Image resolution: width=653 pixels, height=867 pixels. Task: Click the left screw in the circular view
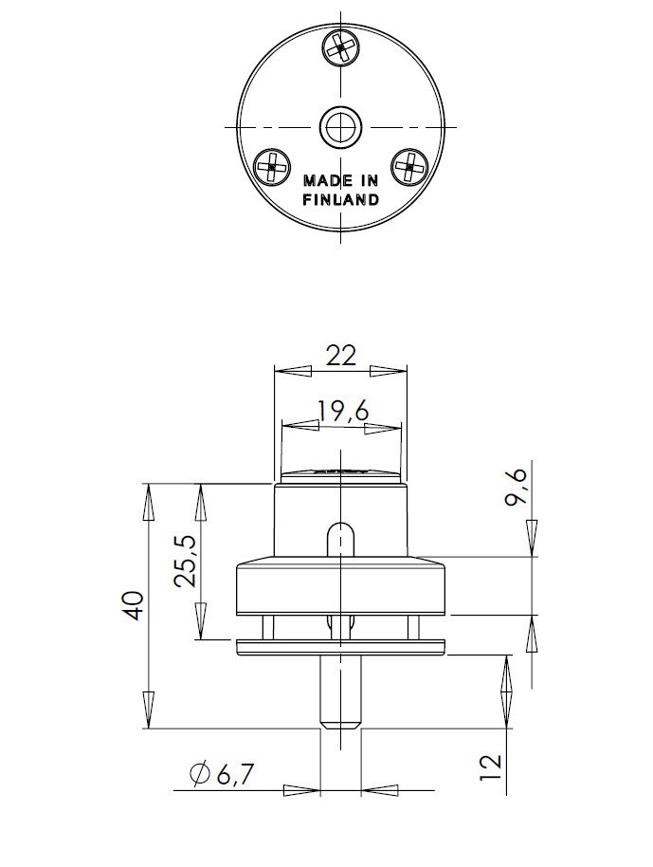click(x=272, y=166)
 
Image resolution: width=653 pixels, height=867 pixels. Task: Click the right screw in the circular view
click(x=409, y=166)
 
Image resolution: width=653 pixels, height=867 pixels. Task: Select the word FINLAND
click(x=340, y=200)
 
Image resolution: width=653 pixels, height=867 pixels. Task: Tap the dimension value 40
click(x=134, y=604)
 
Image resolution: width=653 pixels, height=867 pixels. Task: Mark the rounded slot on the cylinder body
click(x=340, y=539)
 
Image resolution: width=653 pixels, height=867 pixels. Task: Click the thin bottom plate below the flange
click(x=340, y=647)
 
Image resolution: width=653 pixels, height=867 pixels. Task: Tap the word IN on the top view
click(x=369, y=181)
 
